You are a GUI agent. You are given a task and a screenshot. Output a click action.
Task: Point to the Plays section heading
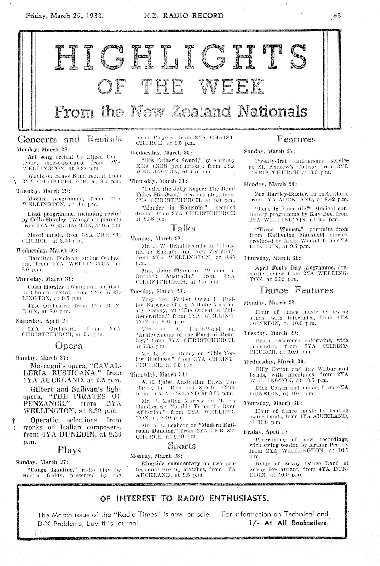[69, 450]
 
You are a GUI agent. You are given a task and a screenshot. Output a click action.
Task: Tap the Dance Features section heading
[296, 290]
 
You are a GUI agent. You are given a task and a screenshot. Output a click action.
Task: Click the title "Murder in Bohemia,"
[165, 208]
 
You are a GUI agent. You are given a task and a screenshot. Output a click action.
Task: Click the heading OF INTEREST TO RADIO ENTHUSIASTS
[185, 498]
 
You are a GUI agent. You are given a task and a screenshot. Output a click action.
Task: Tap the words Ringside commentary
[171, 463]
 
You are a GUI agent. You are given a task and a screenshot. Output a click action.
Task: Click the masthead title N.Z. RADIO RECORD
[184, 15]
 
